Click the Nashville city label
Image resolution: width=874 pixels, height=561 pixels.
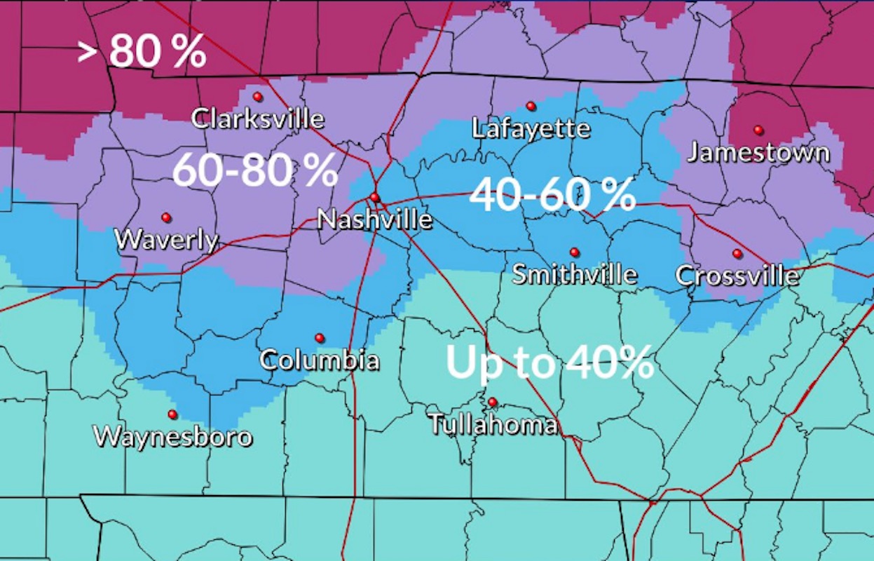coord(375,220)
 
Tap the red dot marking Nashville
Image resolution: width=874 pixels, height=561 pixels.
coord(374,197)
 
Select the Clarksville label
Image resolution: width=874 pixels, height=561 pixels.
coord(258,119)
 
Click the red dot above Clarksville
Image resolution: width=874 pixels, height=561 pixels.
coord(257,97)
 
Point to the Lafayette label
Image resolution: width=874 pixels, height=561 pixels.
coord(531,129)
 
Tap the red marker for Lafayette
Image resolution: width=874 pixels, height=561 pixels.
coord(531,106)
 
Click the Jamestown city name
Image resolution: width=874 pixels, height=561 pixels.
coord(758,153)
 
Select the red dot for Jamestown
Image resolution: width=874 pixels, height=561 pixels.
coord(758,130)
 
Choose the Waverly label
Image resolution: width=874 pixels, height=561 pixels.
coord(166,241)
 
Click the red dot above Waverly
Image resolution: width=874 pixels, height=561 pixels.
coord(166,217)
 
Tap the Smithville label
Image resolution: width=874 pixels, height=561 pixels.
coord(575,274)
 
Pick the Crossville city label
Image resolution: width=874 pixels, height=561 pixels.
coord(737,276)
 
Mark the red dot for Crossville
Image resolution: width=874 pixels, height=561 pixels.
coord(737,253)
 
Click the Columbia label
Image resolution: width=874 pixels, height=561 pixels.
coord(320,360)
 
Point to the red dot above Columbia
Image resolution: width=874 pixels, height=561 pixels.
coord(320,338)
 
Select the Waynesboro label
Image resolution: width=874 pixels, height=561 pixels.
coord(172,437)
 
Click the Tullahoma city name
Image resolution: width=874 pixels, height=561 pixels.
coord(493,424)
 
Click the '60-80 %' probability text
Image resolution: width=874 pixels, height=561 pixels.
coord(255,170)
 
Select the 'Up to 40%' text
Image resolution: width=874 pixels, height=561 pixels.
coord(550,363)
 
